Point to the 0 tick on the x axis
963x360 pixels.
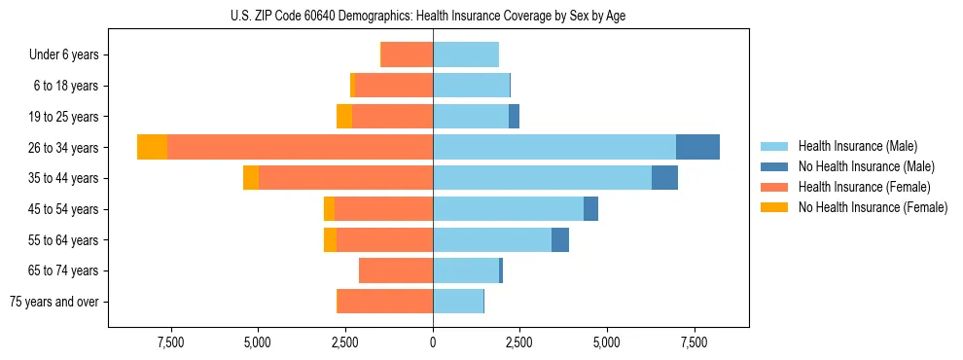pos(433,343)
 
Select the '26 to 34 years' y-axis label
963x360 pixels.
pos(65,148)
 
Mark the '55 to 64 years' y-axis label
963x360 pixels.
pos(65,240)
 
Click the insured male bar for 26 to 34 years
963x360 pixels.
pos(554,147)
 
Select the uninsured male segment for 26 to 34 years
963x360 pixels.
pos(697,147)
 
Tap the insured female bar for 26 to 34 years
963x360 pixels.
pos(300,147)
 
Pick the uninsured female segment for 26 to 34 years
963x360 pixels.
pos(152,147)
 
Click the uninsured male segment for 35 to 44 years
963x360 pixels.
pos(664,178)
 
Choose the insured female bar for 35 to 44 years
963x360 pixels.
pos(345,178)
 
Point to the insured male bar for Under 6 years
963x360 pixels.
pos(466,54)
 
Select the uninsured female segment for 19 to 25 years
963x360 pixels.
pos(344,117)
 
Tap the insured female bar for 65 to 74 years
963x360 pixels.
pos(396,270)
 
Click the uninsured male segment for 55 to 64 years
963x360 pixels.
pos(560,239)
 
